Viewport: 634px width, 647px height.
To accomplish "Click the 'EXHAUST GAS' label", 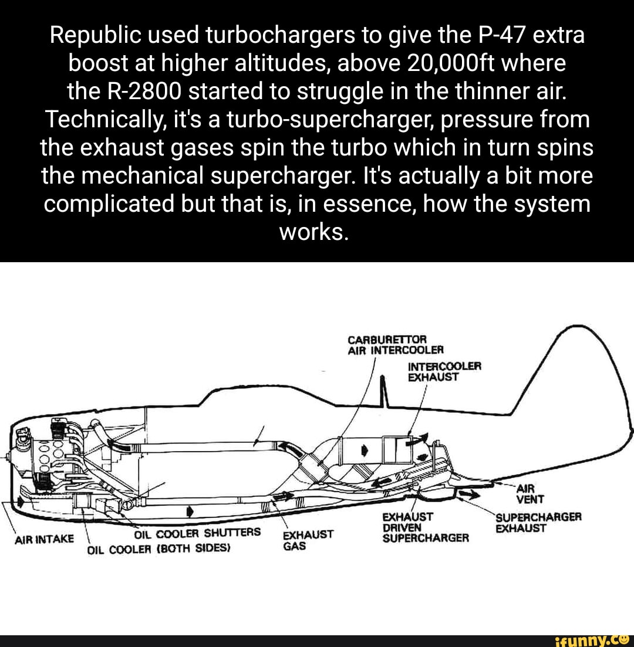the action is (x=308, y=540).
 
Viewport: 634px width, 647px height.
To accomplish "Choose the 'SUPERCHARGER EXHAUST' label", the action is (x=538, y=523).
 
